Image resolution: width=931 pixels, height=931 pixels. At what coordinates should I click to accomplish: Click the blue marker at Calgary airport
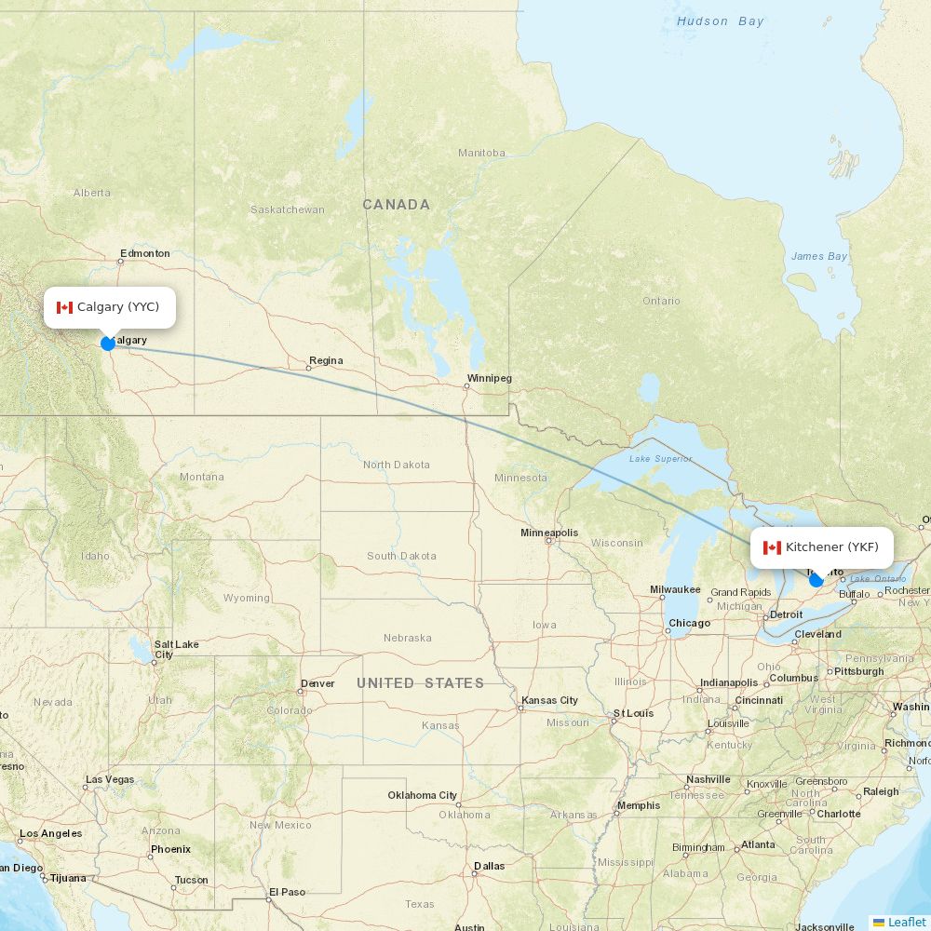coord(108,344)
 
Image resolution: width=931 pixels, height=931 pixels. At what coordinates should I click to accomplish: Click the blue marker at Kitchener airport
coord(816,580)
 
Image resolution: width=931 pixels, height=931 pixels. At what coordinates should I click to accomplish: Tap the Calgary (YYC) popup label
coord(110,307)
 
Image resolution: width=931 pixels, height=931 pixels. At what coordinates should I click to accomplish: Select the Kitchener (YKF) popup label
coord(821,547)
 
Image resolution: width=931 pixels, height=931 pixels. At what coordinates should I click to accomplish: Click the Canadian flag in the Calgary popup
coord(64,307)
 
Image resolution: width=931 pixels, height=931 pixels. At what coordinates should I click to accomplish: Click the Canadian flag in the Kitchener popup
coord(772,547)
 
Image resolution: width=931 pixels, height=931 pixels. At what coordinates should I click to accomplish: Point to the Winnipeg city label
coord(489,379)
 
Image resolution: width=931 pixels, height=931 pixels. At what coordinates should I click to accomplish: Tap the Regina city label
coord(326,360)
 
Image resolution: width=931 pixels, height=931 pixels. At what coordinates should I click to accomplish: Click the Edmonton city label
coord(145,253)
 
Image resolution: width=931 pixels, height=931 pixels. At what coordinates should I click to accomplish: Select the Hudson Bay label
coord(720,21)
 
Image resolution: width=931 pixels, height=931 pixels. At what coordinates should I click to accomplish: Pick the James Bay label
coord(819,256)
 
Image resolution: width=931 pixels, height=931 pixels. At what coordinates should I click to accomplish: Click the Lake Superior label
coord(660,458)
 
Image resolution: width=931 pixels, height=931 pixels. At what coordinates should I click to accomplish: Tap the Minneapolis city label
coord(549,533)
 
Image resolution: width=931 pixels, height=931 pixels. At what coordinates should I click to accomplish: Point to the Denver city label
coord(317,683)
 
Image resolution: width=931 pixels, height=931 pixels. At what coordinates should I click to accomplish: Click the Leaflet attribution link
coord(906,922)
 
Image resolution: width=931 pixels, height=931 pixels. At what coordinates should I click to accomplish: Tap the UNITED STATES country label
coord(420,683)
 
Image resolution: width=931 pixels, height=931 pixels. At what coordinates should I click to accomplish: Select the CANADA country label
coord(396,205)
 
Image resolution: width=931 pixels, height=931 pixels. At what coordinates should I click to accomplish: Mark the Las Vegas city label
coord(110,779)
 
